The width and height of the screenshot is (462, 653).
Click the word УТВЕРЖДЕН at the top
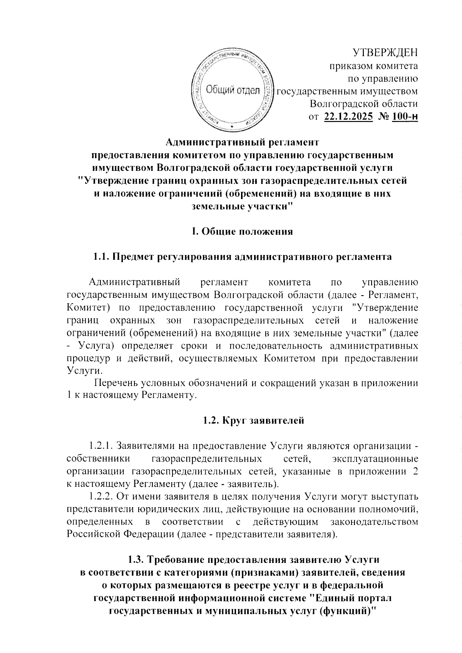[385, 52]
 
